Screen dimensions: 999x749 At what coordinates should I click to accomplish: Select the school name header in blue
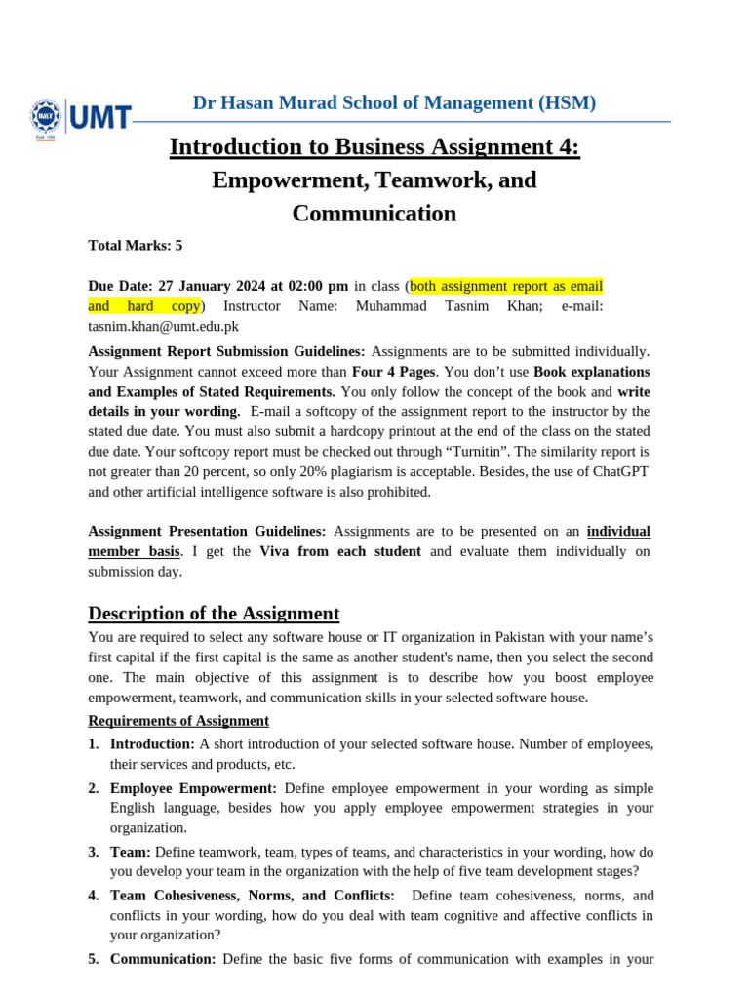point(394,102)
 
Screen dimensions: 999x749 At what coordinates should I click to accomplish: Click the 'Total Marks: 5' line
point(136,246)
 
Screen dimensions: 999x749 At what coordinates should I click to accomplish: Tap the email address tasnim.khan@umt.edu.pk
point(163,327)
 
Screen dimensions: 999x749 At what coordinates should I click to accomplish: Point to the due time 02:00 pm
point(317,286)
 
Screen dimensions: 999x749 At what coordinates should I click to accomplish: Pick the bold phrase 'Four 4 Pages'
point(394,372)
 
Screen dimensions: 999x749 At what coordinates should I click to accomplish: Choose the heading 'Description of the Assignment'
point(214,614)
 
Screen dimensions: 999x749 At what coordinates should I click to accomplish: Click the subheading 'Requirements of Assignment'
point(178,721)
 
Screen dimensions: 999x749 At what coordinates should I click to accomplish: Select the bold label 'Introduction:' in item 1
point(152,744)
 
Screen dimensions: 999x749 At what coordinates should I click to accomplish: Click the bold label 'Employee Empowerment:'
point(193,788)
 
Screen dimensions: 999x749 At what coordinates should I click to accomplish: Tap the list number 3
point(93,852)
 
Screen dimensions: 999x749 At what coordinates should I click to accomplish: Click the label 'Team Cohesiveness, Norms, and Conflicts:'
point(253,896)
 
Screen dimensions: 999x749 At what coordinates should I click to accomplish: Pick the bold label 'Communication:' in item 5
point(163,959)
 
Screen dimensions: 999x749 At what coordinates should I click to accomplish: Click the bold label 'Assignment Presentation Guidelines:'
point(208,532)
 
